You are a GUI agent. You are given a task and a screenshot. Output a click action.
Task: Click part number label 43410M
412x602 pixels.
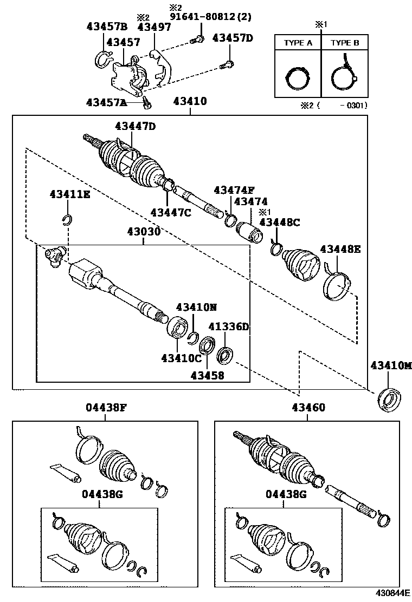(391, 365)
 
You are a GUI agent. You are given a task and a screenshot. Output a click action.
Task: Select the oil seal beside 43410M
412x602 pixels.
(389, 400)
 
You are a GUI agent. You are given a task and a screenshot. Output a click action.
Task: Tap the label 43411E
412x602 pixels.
(70, 194)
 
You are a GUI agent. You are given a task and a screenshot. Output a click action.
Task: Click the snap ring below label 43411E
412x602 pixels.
(67, 219)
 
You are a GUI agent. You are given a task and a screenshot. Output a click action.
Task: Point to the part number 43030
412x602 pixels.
(144, 232)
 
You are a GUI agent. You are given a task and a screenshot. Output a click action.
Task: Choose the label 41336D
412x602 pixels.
(229, 326)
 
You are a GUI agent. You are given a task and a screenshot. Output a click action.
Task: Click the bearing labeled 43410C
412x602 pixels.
(177, 327)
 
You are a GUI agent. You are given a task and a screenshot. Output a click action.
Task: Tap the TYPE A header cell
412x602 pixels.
(298, 43)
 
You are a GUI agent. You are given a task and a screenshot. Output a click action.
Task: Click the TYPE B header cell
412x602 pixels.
(345, 43)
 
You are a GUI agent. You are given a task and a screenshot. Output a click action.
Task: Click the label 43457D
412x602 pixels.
(233, 37)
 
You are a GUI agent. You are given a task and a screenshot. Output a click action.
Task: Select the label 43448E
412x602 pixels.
(340, 249)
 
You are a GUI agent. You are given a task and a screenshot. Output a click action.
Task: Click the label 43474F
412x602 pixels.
(234, 190)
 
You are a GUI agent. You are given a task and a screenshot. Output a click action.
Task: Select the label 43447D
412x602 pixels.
(135, 126)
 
